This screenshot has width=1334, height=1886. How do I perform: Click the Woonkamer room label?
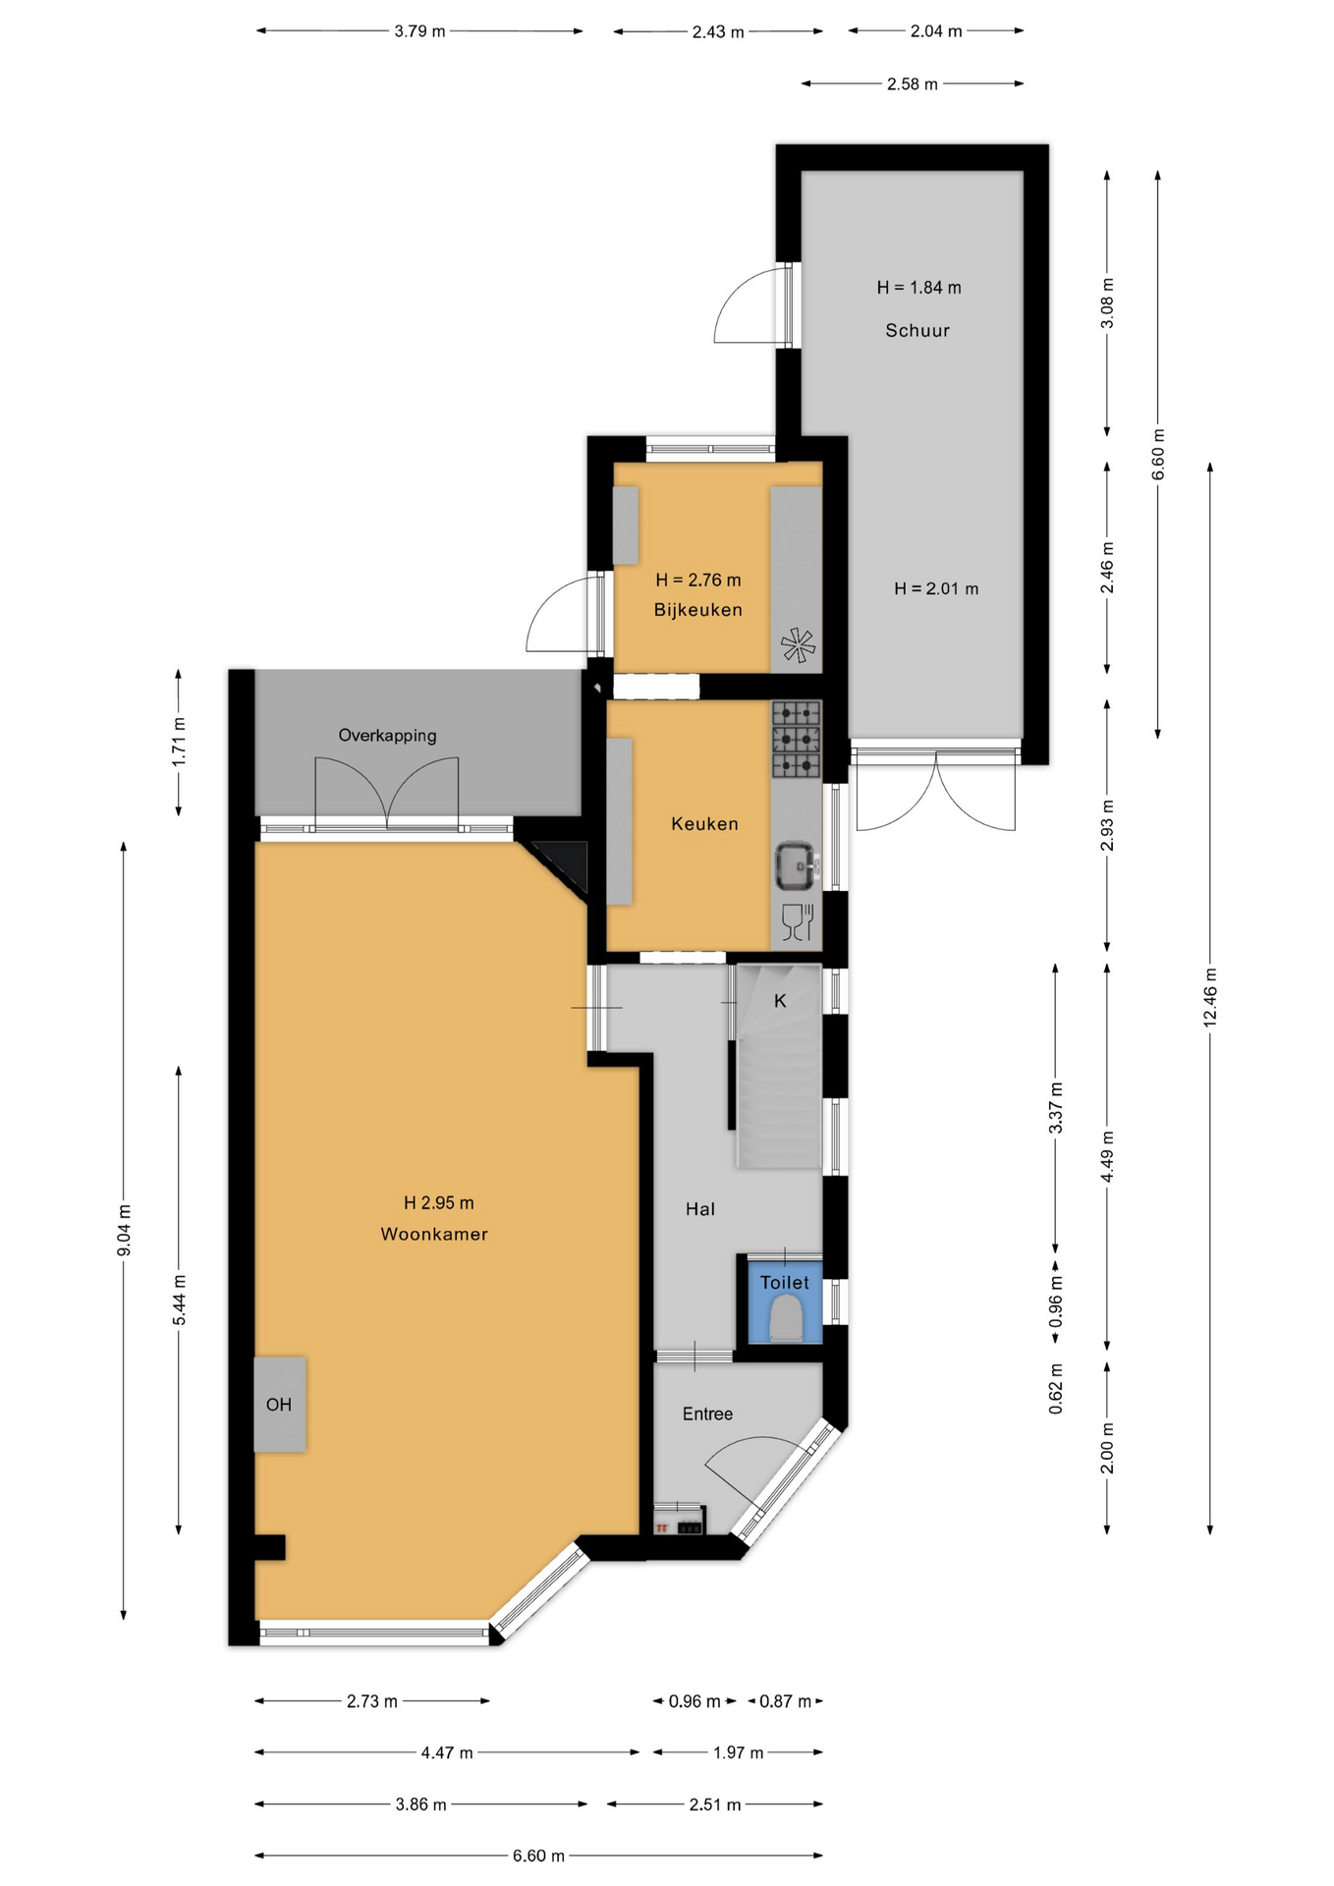[434, 1235]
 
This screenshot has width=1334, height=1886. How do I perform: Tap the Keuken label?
[704, 824]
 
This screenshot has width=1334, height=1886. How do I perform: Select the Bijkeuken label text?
[698, 610]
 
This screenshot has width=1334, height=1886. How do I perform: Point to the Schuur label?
[917, 331]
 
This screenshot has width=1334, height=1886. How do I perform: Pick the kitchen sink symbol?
[796, 864]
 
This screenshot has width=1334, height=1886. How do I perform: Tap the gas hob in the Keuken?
[796, 739]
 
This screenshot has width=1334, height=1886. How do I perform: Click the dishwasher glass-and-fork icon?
[798, 921]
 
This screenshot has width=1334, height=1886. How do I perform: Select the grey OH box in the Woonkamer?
[280, 1405]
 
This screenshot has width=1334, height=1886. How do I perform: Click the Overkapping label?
[387, 736]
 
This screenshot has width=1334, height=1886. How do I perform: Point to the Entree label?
[707, 1414]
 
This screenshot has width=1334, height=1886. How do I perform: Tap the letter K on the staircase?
[780, 1001]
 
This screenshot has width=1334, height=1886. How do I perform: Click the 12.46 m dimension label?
[1209, 998]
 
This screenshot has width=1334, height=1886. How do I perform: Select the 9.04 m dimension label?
[124, 1230]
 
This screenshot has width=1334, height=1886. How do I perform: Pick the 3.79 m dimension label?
[419, 31]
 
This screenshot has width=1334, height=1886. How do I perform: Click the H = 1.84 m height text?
[918, 288]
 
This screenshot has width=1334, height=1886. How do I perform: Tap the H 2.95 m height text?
[438, 1203]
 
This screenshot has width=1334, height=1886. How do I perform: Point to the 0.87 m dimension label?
[786, 1701]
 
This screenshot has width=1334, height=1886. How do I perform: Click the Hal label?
[700, 1210]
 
